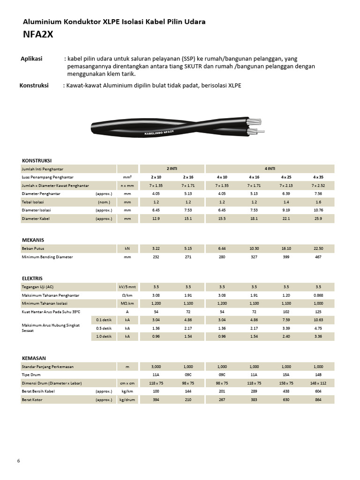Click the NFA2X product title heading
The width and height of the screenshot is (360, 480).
pos(41,34)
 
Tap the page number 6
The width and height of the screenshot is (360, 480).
pos(18,461)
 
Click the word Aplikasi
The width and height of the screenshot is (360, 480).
pos(31,59)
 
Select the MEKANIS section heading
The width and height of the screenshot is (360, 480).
pos(33,240)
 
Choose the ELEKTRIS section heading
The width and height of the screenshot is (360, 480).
pos(32,278)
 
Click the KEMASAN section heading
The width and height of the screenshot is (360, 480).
pos(34,358)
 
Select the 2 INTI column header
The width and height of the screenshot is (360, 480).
pos(172,168)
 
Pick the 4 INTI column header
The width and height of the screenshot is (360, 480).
pos(270,168)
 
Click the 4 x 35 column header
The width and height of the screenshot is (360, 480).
pos(318,177)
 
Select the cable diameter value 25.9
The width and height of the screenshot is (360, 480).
pos(318,218)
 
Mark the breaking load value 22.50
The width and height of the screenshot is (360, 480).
pos(318,248)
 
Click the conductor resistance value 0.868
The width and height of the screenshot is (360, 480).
pos(318,295)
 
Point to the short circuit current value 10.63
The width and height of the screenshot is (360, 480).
pos(318,320)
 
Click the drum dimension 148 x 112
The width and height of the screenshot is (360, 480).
pos(318,383)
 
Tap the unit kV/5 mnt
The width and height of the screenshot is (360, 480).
pos(127,287)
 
